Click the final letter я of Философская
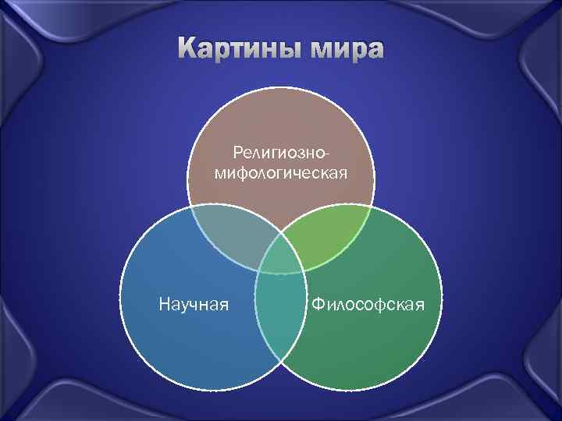[x=420, y=302]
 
